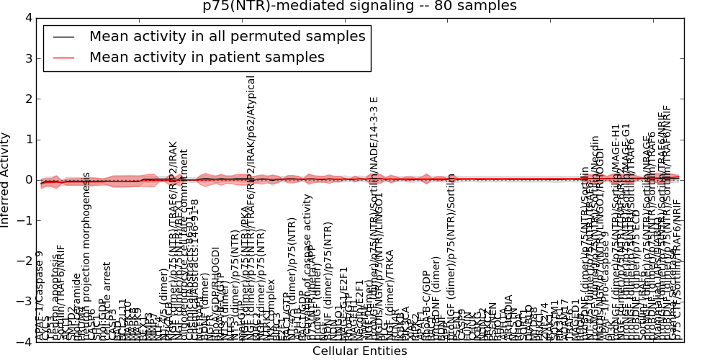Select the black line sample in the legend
(62, 37)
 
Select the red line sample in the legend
(62, 57)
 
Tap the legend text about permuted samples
(227, 37)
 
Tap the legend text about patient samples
(207, 57)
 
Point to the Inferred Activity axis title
(6, 179)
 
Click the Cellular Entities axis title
(359, 351)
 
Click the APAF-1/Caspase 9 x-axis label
(40, 295)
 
